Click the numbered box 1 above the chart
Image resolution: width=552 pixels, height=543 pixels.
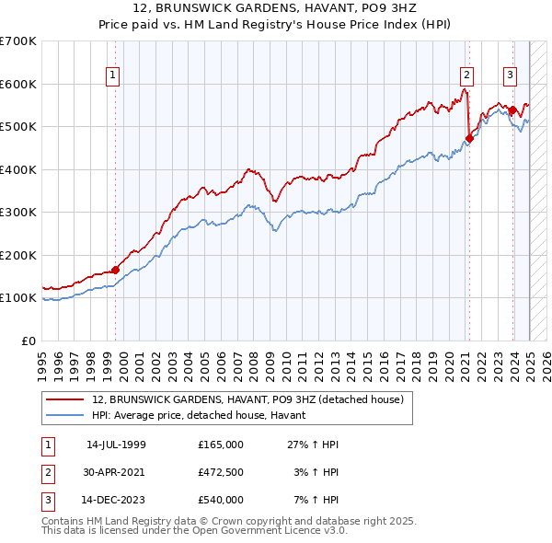pyautogui.click(x=112, y=76)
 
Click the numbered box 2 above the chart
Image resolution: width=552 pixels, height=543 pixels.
pyautogui.click(x=466, y=76)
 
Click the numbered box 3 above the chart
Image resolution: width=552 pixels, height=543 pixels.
pyautogui.click(x=510, y=76)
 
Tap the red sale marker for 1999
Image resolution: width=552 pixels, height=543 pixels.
pyautogui.click(x=116, y=270)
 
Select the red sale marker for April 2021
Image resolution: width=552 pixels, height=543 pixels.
pyautogui.click(x=468, y=139)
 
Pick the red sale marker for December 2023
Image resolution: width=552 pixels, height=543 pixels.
pyautogui.click(x=512, y=110)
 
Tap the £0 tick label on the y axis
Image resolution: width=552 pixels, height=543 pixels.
pyautogui.click(x=29, y=341)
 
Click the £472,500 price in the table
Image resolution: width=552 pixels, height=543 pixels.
pyautogui.click(x=221, y=472)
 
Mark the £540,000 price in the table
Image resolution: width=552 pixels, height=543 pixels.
pyautogui.click(x=221, y=500)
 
